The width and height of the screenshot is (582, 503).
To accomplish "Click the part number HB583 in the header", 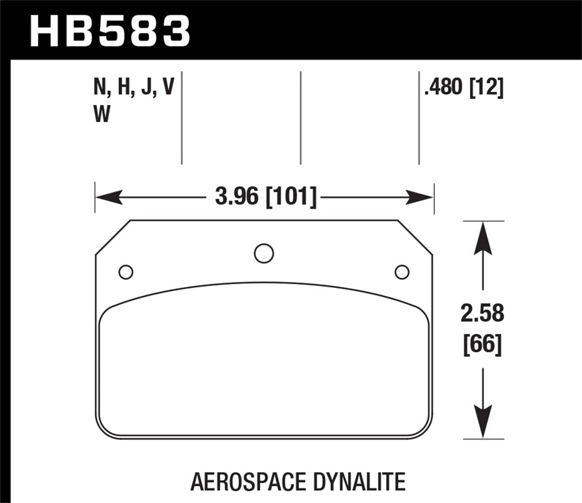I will click(110, 30).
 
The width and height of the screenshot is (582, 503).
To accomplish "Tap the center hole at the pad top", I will click(264, 253).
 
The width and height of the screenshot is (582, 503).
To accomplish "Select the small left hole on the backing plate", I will click(126, 272).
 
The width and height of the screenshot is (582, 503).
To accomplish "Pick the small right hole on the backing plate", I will click(402, 272).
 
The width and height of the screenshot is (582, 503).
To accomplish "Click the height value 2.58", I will click(483, 314).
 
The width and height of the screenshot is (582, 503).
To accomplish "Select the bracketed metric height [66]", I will click(483, 344).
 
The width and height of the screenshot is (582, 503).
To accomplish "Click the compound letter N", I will click(100, 88).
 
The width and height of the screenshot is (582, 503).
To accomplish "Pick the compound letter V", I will click(168, 88).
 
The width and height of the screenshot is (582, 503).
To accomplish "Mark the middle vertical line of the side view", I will click(301, 117).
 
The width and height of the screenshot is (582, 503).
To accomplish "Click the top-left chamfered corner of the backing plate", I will click(113, 237).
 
